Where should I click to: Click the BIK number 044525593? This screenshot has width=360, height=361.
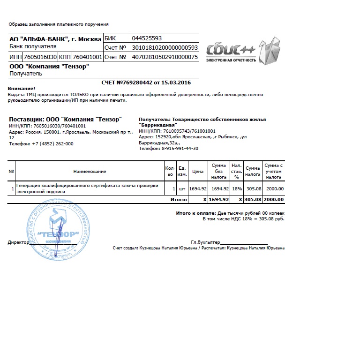(147, 38)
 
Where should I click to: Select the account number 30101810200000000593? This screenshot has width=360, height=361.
(165, 47)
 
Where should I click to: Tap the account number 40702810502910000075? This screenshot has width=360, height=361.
(165, 57)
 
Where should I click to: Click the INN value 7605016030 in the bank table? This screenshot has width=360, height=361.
(40, 57)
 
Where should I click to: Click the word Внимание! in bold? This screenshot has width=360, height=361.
(22, 88)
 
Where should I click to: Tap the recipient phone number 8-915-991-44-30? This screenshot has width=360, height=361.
(180, 148)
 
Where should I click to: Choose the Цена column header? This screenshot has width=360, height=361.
(198, 172)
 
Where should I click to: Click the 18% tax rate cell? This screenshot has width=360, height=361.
(237, 188)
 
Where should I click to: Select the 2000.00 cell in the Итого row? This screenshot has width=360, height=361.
(274, 199)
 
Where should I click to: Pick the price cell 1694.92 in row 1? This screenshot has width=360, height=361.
(198, 188)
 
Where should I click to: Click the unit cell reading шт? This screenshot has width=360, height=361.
(182, 188)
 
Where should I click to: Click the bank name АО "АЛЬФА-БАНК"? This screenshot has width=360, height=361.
(38, 39)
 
